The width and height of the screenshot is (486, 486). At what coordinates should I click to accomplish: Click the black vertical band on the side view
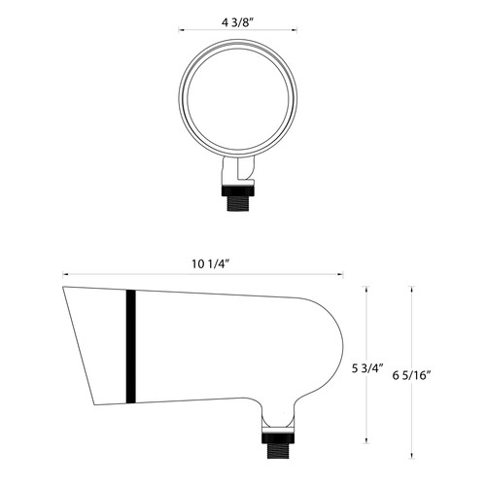point(128,346)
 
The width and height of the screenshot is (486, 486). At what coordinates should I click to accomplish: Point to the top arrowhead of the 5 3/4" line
point(365,289)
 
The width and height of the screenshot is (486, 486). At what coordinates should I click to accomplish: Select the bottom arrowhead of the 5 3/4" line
point(365,438)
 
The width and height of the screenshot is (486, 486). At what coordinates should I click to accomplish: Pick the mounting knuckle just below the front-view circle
point(238,173)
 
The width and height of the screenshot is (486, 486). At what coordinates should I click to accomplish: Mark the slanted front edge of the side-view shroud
point(80,347)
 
